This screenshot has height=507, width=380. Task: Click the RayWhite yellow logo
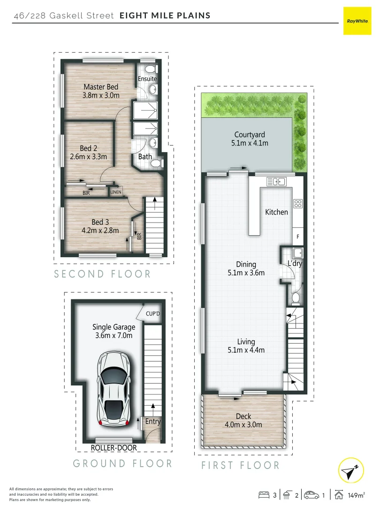click(x=357, y=21)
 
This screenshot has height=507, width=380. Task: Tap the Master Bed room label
click(x=101, y=87)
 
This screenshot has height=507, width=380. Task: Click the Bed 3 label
click(x=100, y=222)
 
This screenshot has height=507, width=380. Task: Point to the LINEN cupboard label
click(x=116, y=192)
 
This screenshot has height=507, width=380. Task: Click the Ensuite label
click(x=147, y=79)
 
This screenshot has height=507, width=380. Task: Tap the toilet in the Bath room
click(x=157, y=163)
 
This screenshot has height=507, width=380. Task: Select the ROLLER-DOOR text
click(x=114, y=448)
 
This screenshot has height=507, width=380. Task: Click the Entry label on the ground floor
click(x=152, y=422)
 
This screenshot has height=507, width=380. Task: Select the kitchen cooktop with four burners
click(x=297, y=203)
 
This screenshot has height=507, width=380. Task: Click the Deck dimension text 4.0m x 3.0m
click(x=243, y=425)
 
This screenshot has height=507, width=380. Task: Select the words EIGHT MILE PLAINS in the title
click(x=165, y=15)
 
